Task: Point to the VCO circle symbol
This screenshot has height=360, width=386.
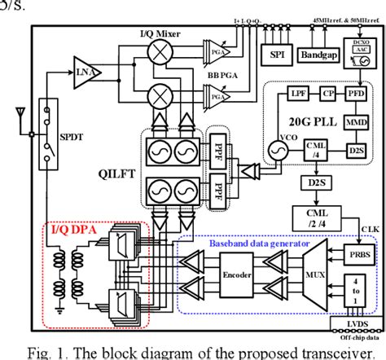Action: (x=274, y=150)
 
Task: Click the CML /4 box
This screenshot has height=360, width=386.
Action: (x=315, y=150)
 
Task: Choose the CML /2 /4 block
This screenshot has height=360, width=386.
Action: (x=314, y=215)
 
